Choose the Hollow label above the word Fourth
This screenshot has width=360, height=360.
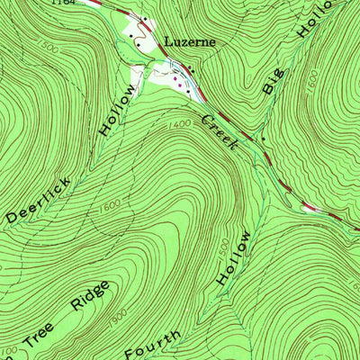click(233, 257)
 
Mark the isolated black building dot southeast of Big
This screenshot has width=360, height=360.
click(262, 140)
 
